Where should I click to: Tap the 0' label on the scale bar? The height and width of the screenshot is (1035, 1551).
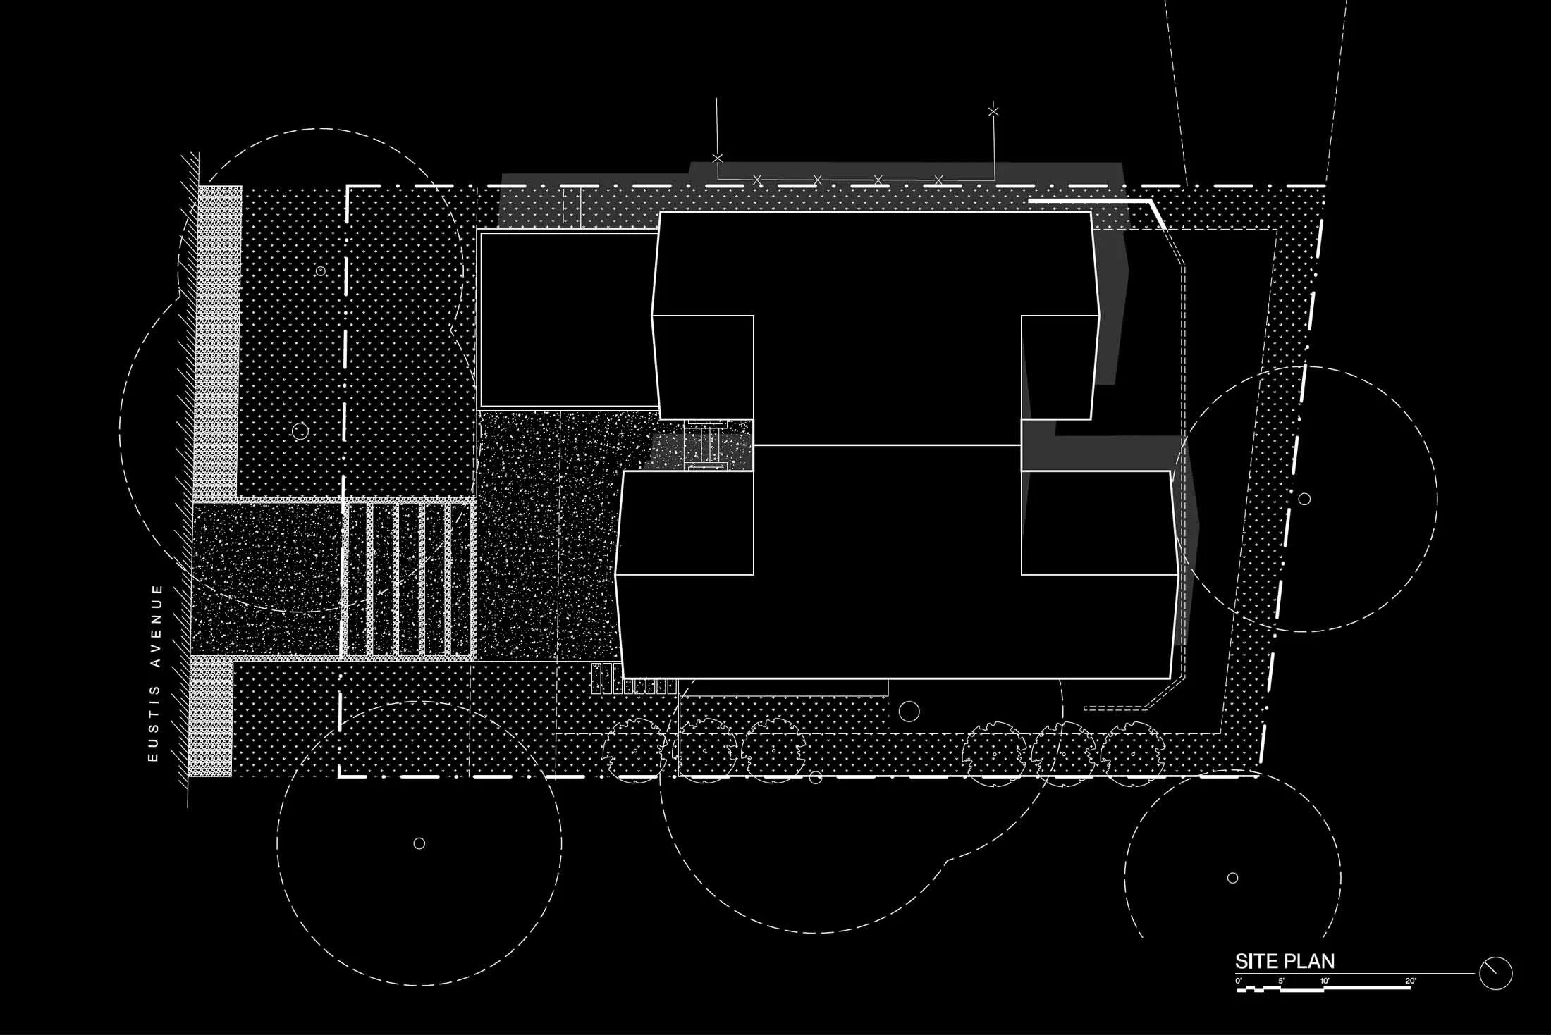[x=1239, y=981]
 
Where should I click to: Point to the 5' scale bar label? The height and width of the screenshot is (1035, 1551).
[x=1281, y=981]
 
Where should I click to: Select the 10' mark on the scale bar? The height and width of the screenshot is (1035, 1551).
[x=1325, y=981]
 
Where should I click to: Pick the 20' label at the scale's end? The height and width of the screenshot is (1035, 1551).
[x=1410, y=981]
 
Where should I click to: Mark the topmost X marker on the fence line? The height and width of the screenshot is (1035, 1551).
[x=993, y=111]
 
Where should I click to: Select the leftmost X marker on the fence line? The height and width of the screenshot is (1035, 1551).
[x=717, y=158]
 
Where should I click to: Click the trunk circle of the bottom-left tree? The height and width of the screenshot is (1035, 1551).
[x=419, y=843]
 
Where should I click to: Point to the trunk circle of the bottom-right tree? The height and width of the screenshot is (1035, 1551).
[x=1232, y=878]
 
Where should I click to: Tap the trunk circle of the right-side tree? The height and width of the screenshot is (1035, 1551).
[x=1304, y=500]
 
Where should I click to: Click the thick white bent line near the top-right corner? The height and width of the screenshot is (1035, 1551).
[x=1100, y=202]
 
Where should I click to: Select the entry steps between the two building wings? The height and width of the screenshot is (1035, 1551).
[x=706, y=445]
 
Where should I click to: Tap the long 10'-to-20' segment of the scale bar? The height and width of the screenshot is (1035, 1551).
[x=1366, y=988]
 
